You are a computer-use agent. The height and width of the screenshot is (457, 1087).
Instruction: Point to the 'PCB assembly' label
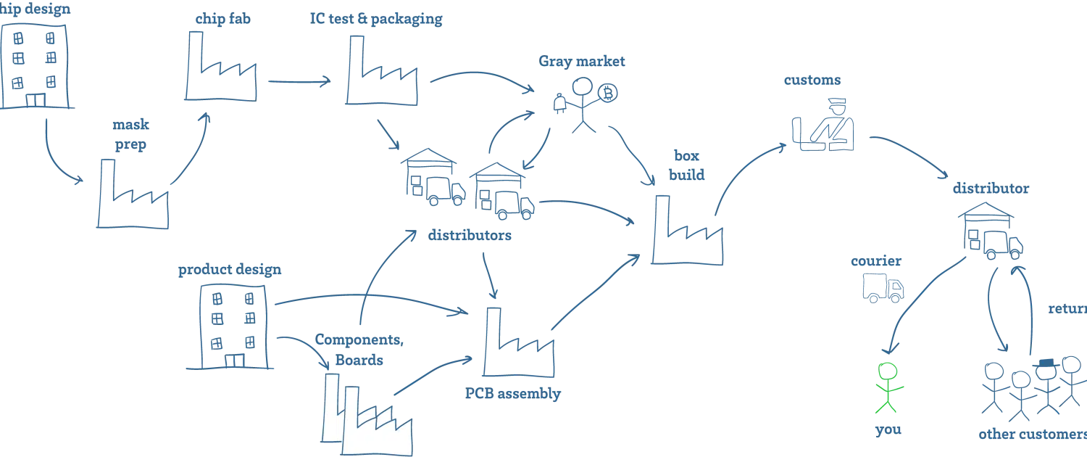point(513,395)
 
